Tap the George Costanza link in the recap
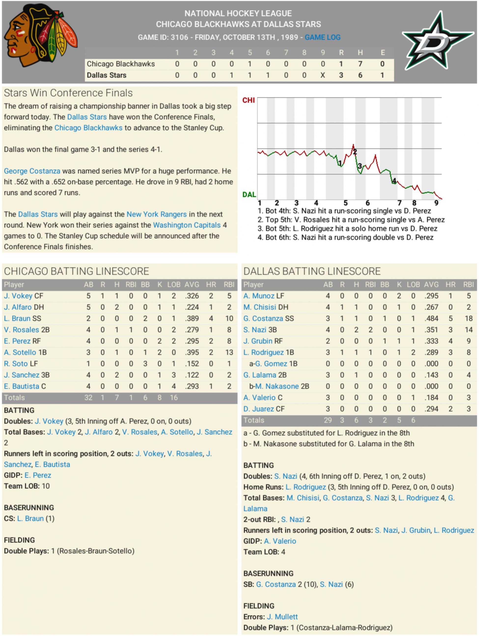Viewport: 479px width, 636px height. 32,171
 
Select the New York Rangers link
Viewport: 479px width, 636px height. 156,214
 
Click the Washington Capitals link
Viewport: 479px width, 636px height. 187,225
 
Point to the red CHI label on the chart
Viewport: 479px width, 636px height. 248,100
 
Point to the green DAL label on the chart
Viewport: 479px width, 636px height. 249,195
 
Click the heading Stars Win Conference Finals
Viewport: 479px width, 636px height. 68,93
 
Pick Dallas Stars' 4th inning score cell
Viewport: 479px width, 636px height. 232,75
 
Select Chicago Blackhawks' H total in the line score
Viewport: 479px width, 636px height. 360,64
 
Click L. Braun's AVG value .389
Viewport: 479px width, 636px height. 192,319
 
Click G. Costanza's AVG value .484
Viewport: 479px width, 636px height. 431,319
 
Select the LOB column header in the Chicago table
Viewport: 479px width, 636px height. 174,285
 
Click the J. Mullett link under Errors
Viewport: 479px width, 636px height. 282,617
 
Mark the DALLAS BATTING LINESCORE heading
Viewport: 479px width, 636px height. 312,271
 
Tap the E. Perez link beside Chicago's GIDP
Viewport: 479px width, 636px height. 38,475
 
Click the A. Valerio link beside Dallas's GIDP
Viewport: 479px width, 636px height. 280,541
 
